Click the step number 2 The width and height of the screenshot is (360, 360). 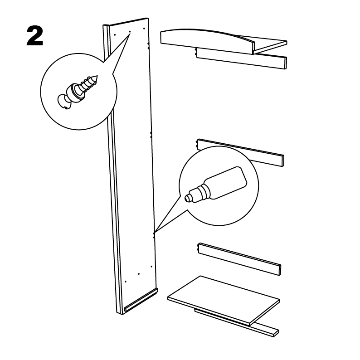tap(35, 36)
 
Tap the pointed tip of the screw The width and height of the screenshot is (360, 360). tap(97, 76)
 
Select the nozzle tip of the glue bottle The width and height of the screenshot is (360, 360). tap(187, 198)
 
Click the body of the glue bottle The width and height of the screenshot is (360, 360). tap(226, 183)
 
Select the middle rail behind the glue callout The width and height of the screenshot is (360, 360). tap(241, 152)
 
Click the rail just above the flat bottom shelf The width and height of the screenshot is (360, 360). tap(239, 259)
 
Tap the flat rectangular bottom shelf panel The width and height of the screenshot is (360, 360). tap(224, 300)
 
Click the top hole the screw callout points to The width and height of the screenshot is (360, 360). tap(130, 31)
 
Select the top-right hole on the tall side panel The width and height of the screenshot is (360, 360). tap(144, 29)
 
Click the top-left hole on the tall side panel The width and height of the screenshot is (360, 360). tap(115, 35)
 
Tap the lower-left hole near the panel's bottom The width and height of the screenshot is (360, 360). tap(125, 281)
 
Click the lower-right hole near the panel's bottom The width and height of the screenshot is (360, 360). tap(151, 267)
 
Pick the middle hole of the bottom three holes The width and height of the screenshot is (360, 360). tap(139, 274)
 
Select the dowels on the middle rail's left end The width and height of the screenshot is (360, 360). tap(197, 144)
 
